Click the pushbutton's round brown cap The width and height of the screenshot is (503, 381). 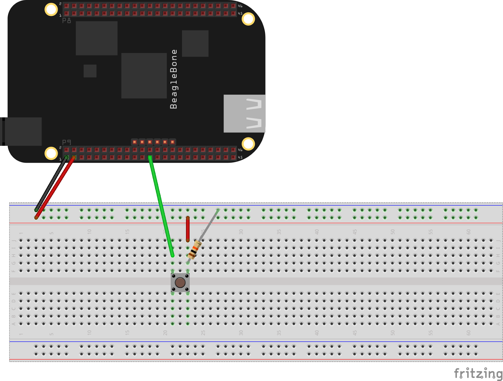180,282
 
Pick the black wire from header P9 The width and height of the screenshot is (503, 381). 50,185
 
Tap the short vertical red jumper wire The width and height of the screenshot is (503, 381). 188,229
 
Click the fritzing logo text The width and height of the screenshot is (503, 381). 478,373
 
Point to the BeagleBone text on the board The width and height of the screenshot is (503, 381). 174,79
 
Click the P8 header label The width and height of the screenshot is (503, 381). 66,21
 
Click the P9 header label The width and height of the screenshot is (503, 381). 66,142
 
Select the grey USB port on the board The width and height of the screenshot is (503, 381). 244,113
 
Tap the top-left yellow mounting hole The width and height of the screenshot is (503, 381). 51,9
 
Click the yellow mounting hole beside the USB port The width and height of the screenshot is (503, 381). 248,144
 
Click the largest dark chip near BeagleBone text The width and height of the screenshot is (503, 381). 144,75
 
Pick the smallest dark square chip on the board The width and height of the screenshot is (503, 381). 90,71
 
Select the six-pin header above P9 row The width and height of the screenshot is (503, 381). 153,142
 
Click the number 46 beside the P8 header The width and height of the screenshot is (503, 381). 240,6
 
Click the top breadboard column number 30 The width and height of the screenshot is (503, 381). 241,231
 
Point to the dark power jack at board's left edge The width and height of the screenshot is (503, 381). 22,131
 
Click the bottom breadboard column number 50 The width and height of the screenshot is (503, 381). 393,333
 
